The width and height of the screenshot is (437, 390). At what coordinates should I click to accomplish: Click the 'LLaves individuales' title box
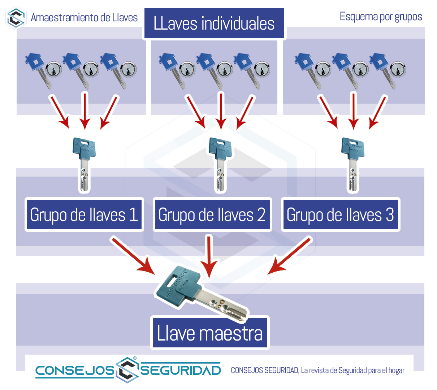coord(214,24)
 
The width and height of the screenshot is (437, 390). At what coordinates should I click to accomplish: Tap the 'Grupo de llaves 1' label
coord(84,214)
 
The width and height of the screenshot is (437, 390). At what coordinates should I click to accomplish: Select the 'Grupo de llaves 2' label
coord(212,214)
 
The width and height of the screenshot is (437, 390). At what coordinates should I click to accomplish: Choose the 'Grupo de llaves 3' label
coord(340,214)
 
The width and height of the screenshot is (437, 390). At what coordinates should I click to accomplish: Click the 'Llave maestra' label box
coord(209,333)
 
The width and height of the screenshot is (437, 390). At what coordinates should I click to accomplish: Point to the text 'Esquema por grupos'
coord(381,17)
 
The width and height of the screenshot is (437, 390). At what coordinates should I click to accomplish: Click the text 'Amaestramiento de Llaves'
coord(84,17)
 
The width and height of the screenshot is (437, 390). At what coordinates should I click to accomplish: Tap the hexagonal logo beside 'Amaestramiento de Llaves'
coord(16,18)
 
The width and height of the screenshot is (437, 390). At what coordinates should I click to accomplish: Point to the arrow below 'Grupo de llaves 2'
coord(209,256)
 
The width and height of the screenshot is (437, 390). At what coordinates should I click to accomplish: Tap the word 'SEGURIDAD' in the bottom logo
coord(181,370)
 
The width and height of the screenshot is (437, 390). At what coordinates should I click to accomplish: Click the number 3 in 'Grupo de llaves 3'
coord(389,214)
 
